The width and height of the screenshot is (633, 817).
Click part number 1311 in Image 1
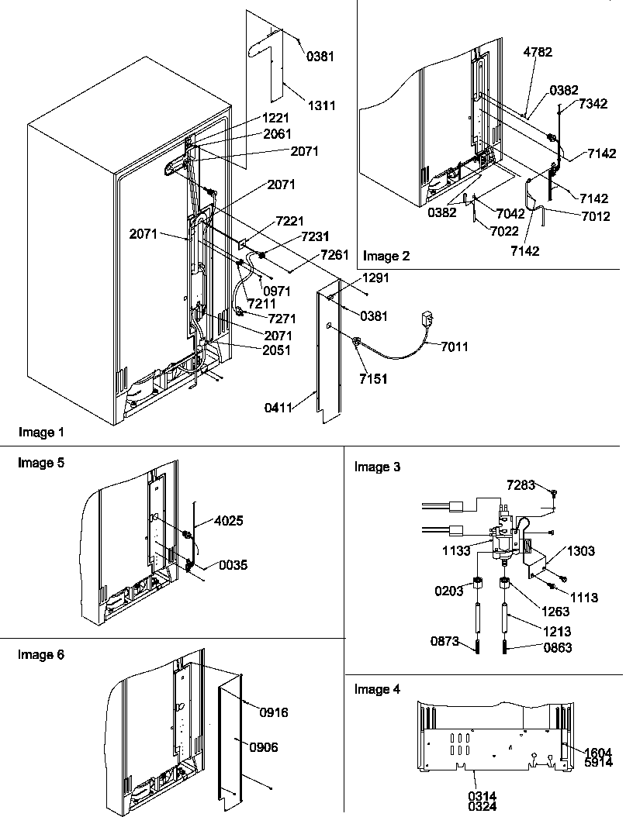(320, 105)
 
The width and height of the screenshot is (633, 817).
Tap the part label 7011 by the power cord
(455, 347)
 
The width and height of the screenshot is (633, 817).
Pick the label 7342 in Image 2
(592, 104)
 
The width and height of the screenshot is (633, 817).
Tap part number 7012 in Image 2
(595, 216)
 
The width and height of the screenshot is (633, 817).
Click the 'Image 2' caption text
(387, 256)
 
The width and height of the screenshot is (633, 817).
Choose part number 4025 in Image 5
(228, 521)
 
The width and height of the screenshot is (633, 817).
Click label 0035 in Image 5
(232, 565)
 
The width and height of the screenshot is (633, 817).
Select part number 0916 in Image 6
(273, 712)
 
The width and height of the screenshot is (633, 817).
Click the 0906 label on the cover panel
(263, 747)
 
